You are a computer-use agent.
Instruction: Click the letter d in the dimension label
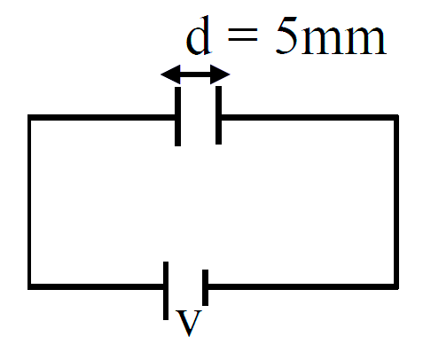tap(199, 36)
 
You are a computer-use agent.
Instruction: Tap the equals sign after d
tap(243, 35)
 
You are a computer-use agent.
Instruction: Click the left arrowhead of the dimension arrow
tap(170, 74)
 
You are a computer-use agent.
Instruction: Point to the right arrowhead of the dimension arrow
tap(220, 74)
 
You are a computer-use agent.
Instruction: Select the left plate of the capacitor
tap(177, 116)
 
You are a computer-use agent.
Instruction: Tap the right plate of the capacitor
tap(218, 115)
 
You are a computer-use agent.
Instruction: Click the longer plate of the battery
tap(166, 291)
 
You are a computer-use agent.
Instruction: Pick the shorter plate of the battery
tap(205, 287)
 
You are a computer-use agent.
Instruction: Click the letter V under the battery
tap(188, 323)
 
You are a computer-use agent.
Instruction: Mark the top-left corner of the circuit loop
tap(29, 117)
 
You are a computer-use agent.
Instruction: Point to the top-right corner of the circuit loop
tap(396, 117)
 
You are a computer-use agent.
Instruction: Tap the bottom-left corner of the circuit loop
tap(29, 286)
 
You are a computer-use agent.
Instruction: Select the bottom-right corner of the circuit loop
tap(396, 286)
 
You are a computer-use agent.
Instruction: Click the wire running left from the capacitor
tap(102, 117)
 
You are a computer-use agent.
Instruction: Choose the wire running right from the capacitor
tap(309, 117)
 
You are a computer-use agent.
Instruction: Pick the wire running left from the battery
tap(97, 286)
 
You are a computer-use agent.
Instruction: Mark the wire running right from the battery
tap(302, 286)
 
